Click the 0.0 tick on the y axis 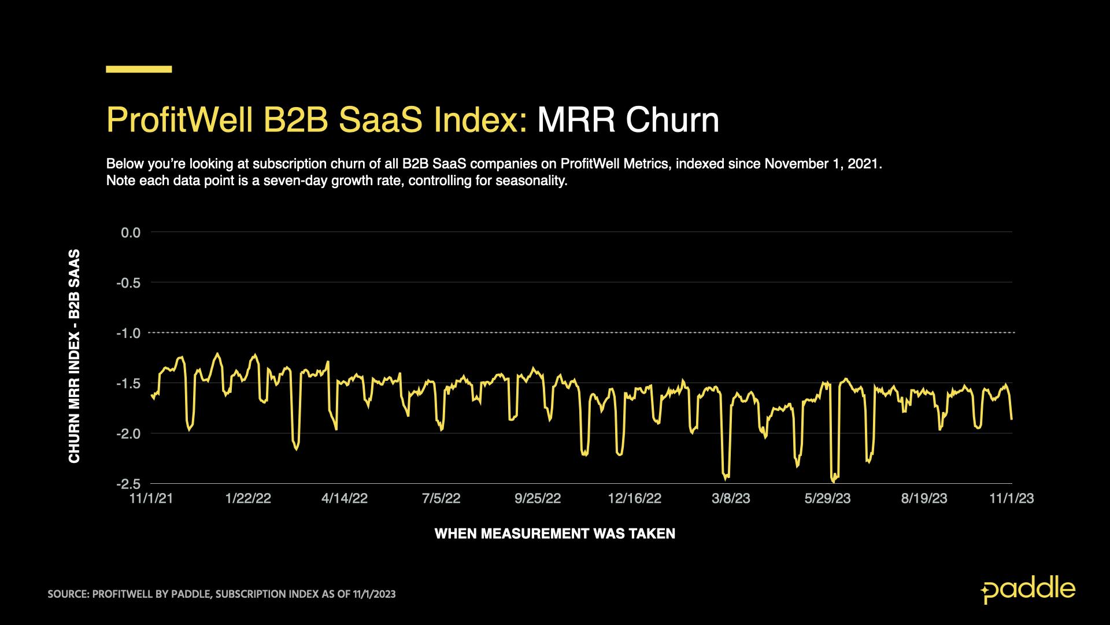131,233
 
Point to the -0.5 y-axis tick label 129,283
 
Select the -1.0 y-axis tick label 129,333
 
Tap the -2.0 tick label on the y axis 129,433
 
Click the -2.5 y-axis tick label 129,484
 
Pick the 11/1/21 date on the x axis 151,499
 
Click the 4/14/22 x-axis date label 345,499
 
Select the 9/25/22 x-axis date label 538,499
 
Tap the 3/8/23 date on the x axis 731,499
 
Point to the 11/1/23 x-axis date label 1012,499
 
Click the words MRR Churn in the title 628,120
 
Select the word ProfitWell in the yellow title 180,120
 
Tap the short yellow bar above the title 139,69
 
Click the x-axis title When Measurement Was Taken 554,534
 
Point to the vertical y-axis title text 75,356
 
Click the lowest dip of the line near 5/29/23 833,480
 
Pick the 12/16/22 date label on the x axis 634,499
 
